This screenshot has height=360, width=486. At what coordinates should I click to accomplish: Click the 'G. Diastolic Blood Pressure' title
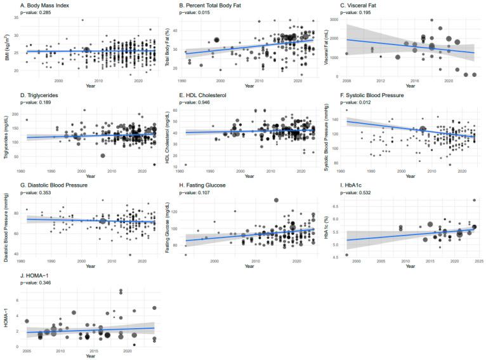point(48,185)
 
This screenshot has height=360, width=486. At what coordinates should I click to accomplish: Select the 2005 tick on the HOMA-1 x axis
point(26,351)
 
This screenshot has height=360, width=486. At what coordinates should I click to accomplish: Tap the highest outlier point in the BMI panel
point(82,20)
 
